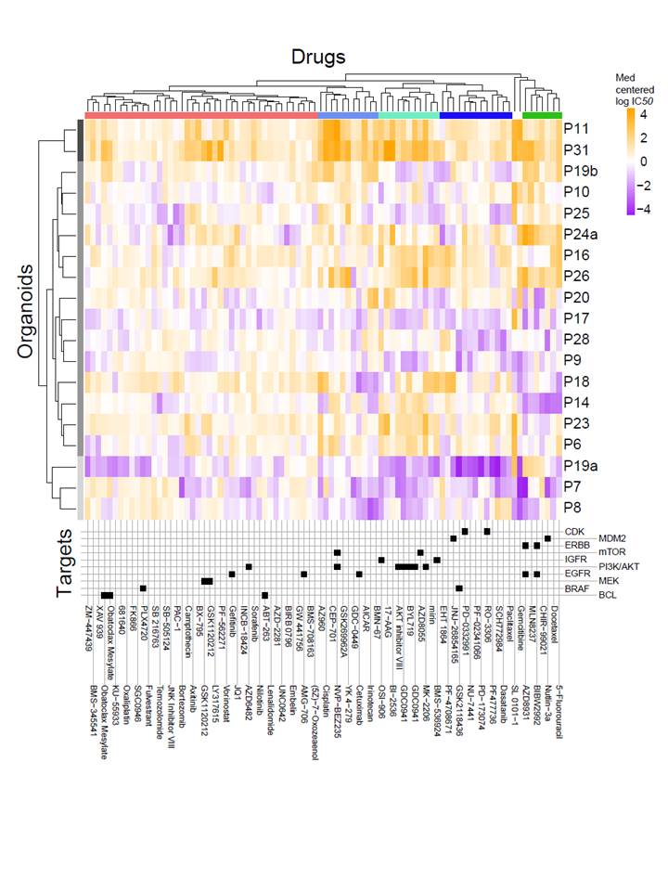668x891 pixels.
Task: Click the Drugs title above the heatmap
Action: [318, 57]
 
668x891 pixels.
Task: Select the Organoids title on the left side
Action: [29, 314]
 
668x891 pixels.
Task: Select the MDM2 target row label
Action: [609, 539]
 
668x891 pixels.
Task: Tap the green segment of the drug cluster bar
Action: [541, 115]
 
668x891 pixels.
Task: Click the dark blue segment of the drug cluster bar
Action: [476, 115]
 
